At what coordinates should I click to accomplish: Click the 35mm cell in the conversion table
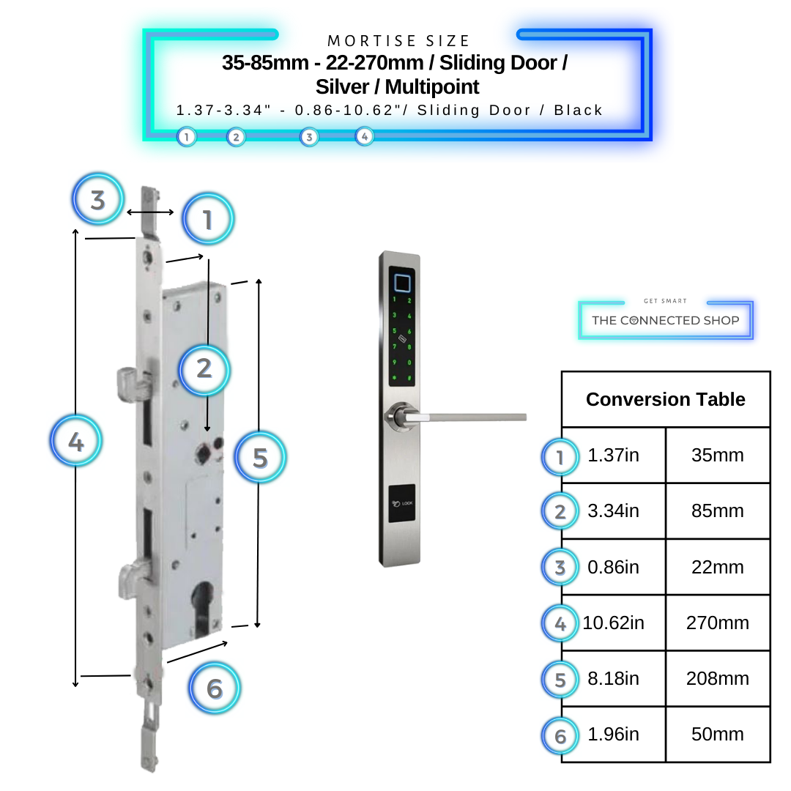tap(717, 456)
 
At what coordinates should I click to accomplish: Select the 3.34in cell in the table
tap(613, 511)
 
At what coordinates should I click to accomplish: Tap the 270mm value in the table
tap(717, 623)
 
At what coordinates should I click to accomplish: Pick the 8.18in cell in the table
tap(613, 679)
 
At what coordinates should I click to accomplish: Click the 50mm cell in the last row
tap(717, 735)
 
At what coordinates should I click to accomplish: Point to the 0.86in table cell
tap(613, 568)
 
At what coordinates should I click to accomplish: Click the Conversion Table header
tap(665, 400)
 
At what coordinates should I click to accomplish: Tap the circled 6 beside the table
tap(560, 735)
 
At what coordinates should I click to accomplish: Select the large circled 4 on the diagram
tap(76, 442)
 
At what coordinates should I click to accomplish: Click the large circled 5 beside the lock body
tap(260, 458)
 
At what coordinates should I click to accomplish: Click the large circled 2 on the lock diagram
tap(204, 368)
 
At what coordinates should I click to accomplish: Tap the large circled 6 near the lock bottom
tap(214, 688)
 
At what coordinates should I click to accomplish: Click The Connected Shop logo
tap(665, 319)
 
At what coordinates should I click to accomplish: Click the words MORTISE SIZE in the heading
tap(398, 41)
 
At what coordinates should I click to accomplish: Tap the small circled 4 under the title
tap(364, 136)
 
